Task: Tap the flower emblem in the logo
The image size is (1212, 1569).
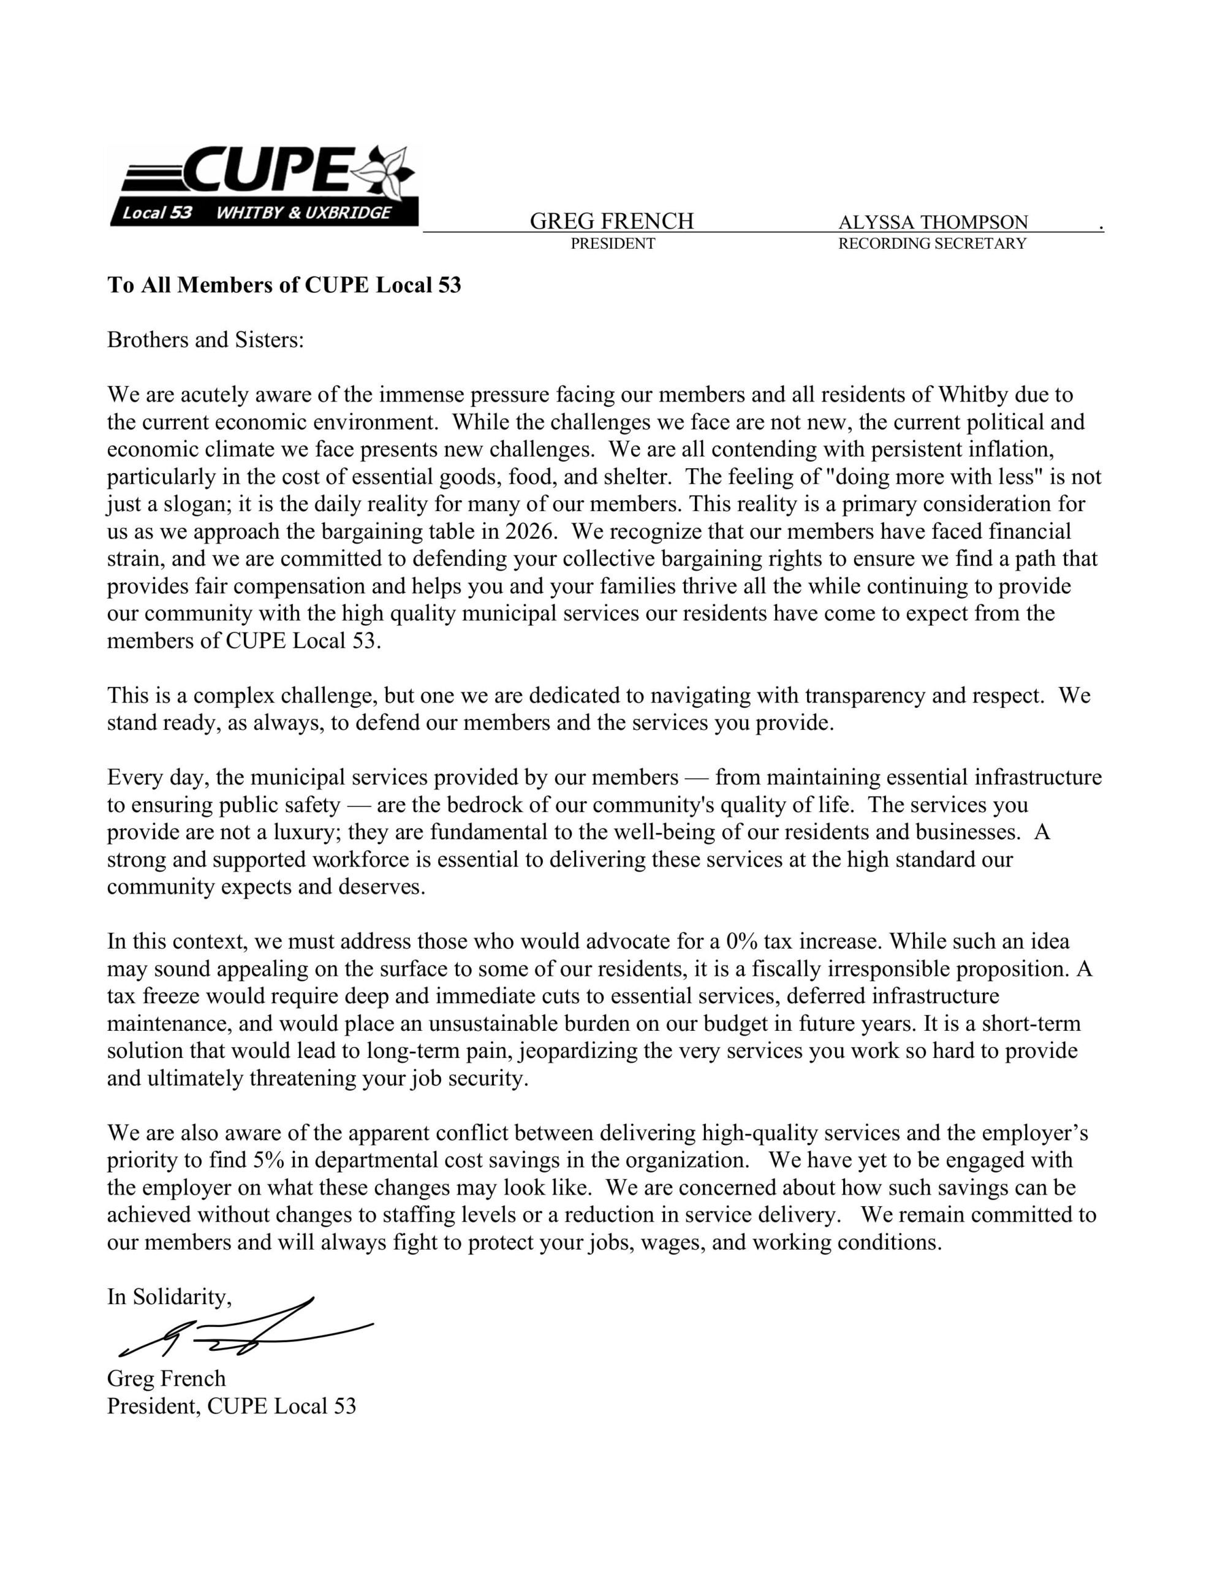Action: click(387, 172)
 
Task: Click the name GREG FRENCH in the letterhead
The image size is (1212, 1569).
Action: click(612, 221)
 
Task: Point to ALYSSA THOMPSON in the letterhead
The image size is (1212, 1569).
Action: click(933, 222)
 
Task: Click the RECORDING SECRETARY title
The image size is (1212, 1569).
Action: click(932, 243)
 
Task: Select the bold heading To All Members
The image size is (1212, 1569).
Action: click(284, 285)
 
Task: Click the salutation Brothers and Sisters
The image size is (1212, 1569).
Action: click(205, 339)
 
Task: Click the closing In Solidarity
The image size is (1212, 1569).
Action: click(170, 1297)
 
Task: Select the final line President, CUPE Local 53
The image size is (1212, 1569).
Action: click(232, 1406)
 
